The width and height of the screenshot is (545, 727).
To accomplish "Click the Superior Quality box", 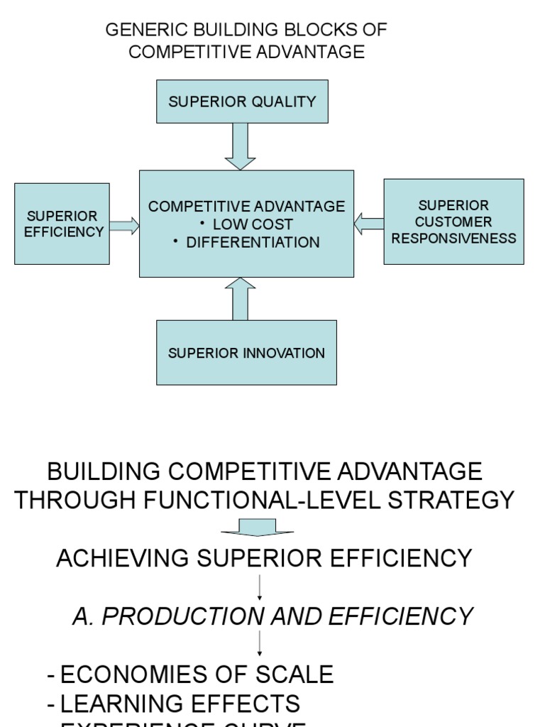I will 242,102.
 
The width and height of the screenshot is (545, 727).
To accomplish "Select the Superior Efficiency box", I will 62,224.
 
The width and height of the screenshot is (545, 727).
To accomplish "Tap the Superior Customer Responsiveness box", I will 453,222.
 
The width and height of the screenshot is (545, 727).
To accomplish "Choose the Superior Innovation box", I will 246,353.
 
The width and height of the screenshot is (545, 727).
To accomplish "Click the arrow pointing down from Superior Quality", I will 240,146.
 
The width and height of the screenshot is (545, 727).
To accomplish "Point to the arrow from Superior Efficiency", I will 124,226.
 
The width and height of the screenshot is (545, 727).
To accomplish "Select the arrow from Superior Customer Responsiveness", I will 368,224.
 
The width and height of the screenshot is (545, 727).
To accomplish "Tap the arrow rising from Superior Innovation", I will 240,299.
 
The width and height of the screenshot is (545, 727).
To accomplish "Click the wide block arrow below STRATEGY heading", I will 257,528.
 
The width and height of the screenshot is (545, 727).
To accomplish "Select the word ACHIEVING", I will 123,558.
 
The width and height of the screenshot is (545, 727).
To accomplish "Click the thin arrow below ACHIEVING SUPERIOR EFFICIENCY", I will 260,587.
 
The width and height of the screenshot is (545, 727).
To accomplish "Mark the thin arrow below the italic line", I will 260,643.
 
